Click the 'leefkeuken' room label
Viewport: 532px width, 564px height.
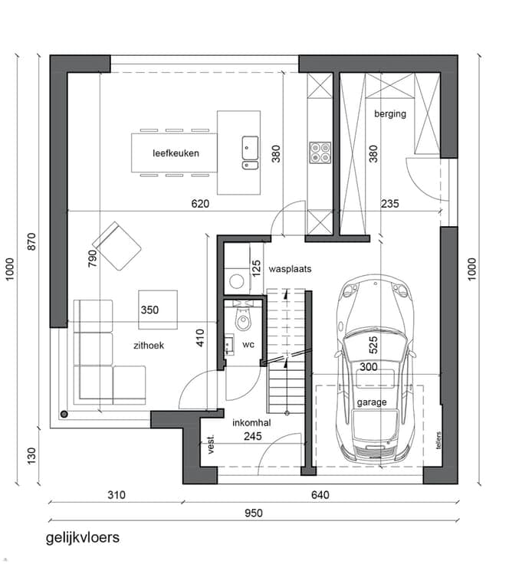pos(176,153)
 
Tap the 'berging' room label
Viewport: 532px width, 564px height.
pos(390,114)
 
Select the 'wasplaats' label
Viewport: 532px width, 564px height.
pos(290,269)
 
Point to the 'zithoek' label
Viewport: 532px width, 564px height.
pos(149,346)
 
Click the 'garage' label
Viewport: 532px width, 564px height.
pos(372,402)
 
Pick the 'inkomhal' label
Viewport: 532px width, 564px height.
pos(251,423)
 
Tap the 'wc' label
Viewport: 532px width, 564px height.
pos(248,345)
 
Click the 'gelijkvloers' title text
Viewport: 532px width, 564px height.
pos(83,538)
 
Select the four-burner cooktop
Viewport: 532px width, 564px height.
pos(320,152)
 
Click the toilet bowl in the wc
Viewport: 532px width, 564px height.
pos(243,320)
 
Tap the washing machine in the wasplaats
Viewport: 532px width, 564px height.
pos(237,281)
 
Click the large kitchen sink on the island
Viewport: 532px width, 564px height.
pos(250,147)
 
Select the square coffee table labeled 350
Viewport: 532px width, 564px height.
pos(158,310)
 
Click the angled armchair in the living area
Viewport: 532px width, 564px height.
pos(117,246)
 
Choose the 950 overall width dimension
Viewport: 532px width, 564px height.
pos(254,513)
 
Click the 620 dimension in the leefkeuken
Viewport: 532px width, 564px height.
pos(200,204)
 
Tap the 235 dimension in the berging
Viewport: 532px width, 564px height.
pos(390,204)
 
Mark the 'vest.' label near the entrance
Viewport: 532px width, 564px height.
pos(211,444)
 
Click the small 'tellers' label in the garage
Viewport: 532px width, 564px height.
pos(438,441)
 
